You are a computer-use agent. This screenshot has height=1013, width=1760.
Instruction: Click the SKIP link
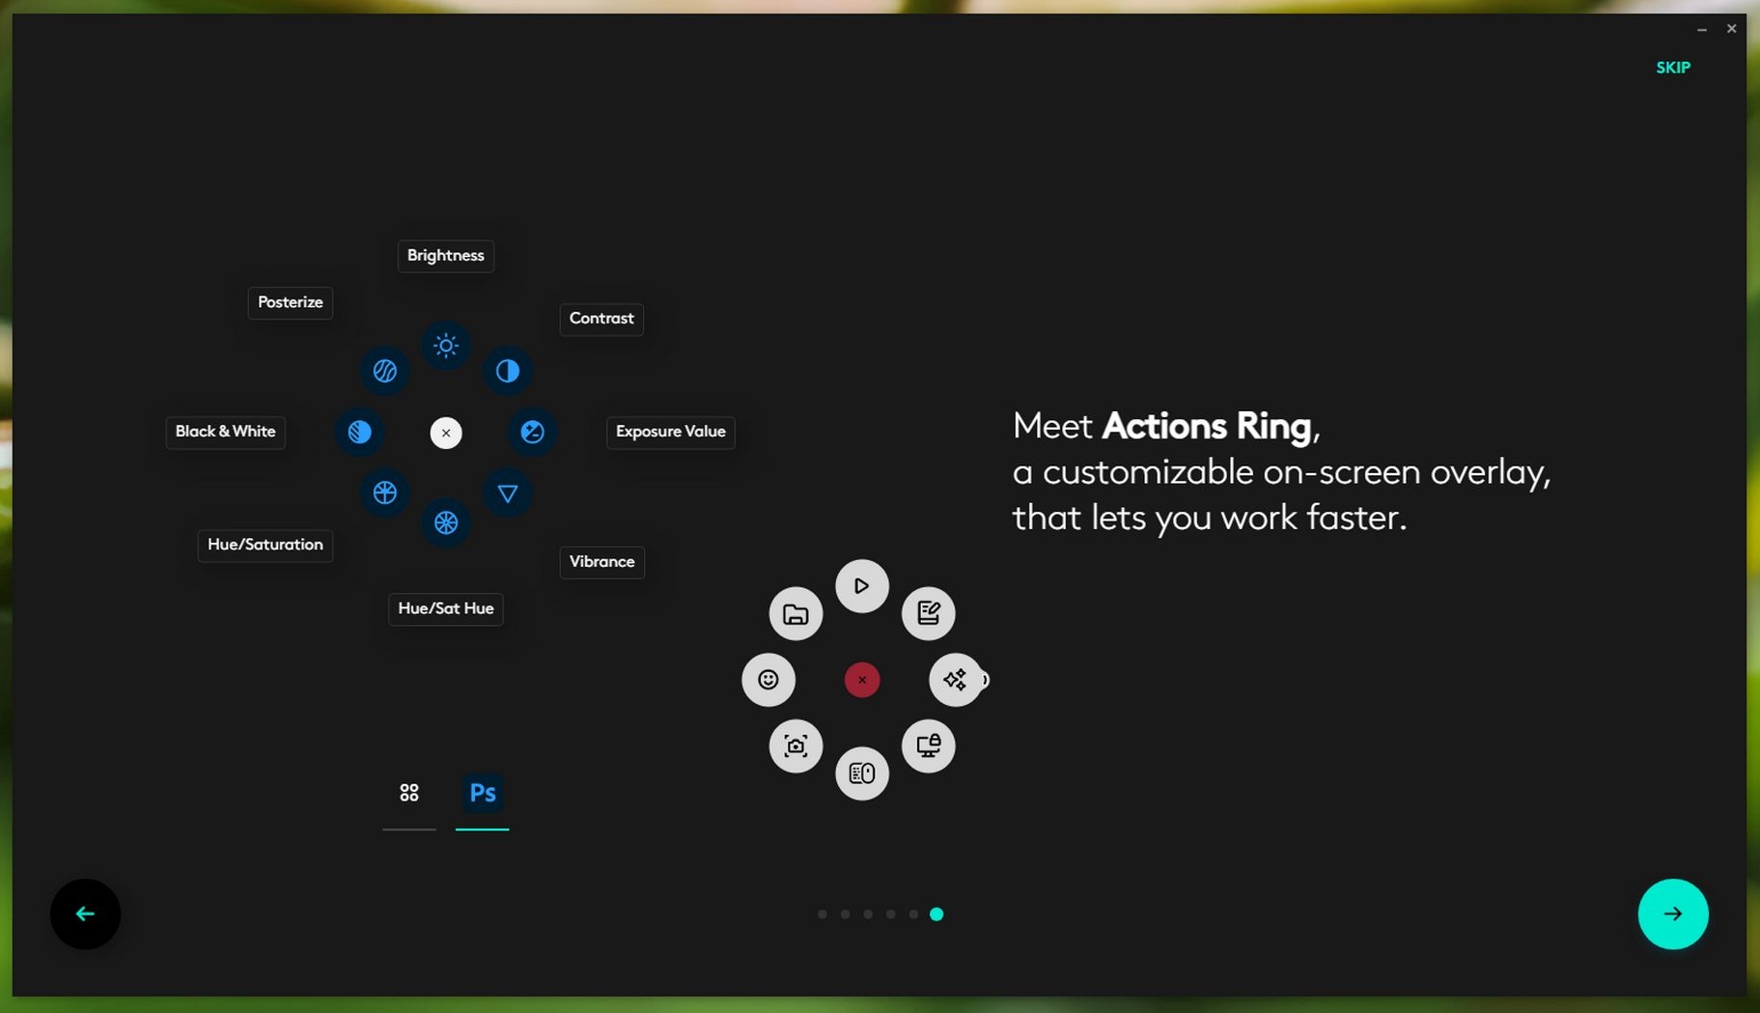[x=1673, y=68]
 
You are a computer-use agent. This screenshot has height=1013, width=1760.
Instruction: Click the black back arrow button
[x=85, y=914]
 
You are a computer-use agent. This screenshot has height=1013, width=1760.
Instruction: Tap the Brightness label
[x=445, y=256]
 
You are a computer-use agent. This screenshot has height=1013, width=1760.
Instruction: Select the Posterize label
[x=290, y=302]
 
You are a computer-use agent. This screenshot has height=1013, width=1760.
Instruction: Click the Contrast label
[x=601, y=319]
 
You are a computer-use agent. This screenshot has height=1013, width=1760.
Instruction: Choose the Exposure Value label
[x=670, y=432]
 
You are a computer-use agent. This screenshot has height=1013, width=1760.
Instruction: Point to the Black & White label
[x=225, y=432]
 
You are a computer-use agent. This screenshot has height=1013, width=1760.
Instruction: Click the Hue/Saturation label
[x=265, y=545]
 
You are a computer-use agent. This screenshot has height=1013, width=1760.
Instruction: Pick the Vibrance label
[x=601, y=562]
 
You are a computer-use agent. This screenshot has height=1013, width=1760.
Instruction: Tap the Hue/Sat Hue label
[x=445, y=608]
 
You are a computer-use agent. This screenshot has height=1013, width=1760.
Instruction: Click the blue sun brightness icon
[x=445, y=346]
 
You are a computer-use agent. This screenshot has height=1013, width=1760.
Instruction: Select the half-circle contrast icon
[x=507, y=371]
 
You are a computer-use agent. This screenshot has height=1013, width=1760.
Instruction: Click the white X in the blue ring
[x=445, y=433]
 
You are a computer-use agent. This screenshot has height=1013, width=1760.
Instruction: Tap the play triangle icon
[x=861, y=586]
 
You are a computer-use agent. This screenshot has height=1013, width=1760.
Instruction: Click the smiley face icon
[x=768, y=680]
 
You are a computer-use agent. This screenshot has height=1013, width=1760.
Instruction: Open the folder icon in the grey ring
[x=796, y=613]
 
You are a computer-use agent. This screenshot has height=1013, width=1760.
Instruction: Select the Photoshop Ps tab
[x=482, y=793]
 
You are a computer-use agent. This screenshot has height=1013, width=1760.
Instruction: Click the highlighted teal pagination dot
[x=936, y=914]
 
